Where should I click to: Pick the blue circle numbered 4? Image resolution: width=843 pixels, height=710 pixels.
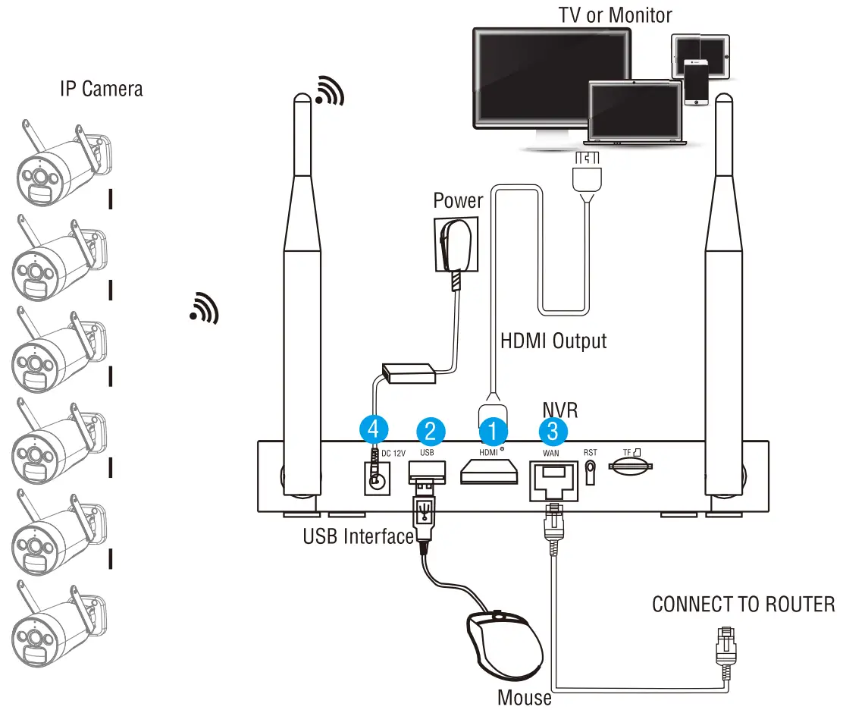pyautogui.click(x=372, y=430)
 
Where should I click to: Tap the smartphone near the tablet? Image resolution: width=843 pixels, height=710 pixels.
pyautogui.click(x=695, y=82)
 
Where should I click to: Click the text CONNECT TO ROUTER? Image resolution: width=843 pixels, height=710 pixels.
pyautogui.click(x=743, y=605)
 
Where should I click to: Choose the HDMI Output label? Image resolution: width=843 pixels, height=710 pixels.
pyautogui.click(x=553, y=341)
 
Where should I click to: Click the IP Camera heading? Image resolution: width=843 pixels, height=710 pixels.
pyautogui.click(x=101, y=89)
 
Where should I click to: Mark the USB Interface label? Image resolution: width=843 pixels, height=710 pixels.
pyautogui.click(x=358, y=536)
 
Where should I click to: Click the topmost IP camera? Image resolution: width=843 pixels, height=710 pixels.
pyautogui.click(x=61, y=165)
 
